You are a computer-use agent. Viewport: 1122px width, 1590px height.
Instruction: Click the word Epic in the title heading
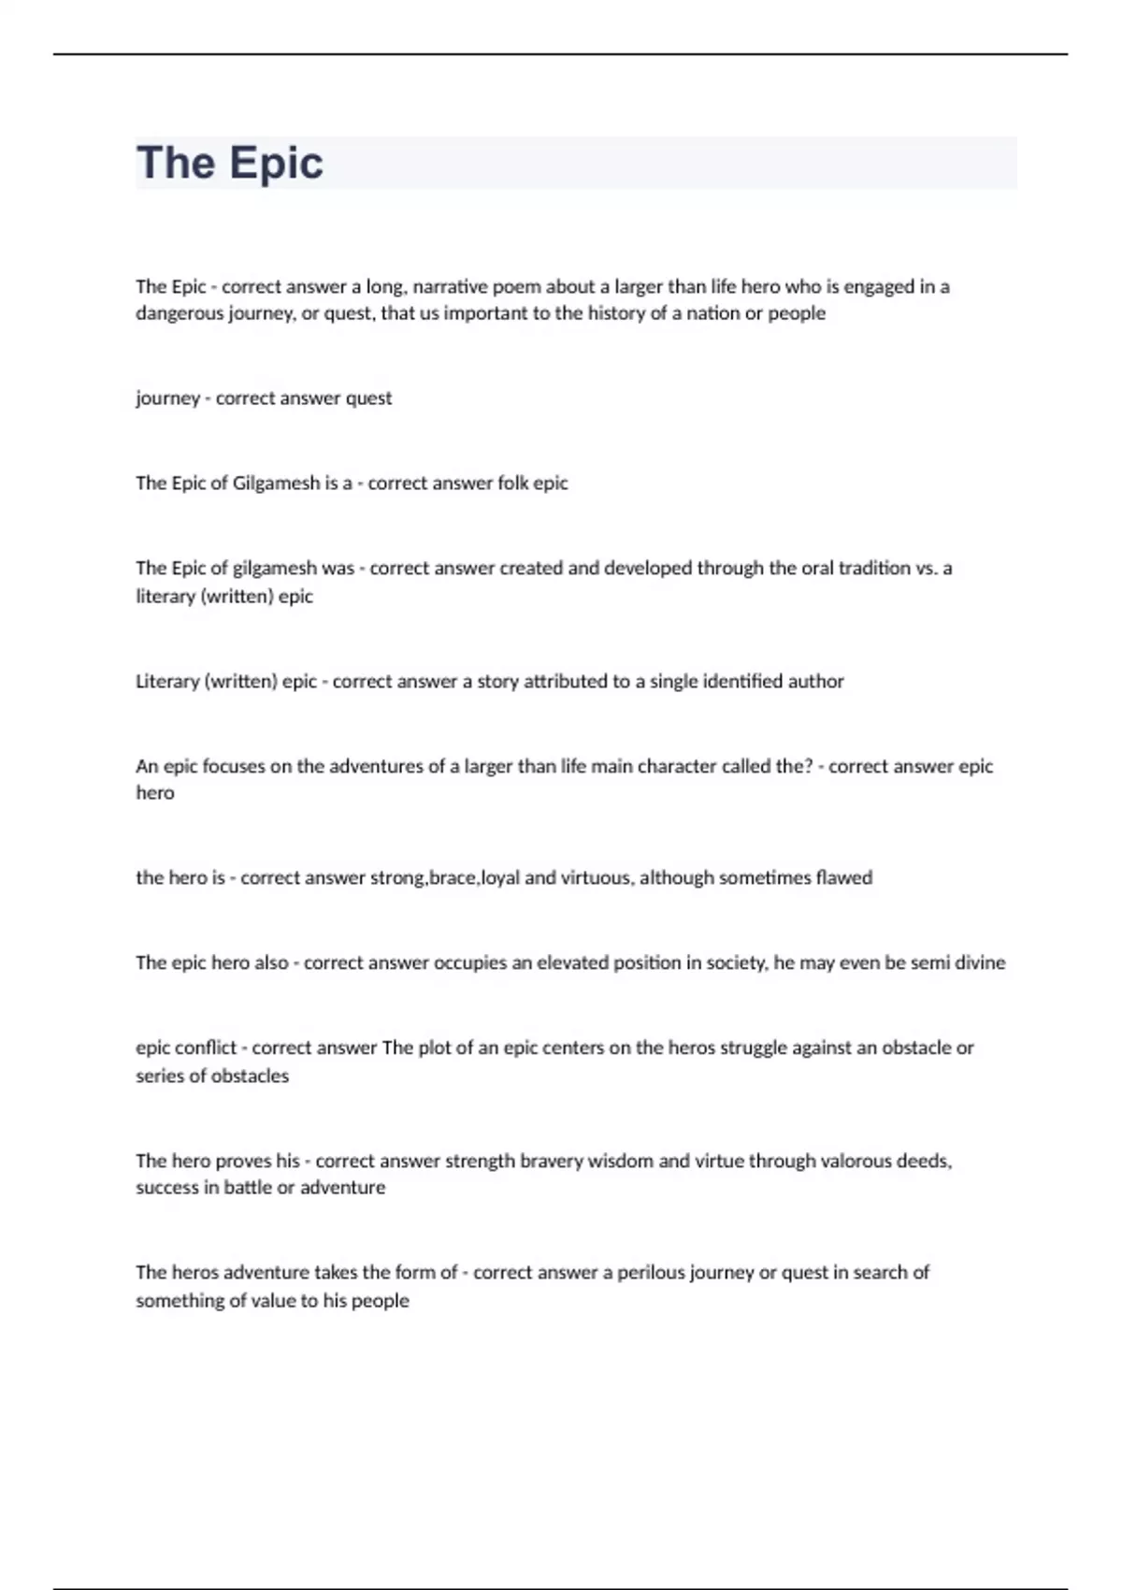[276, 164]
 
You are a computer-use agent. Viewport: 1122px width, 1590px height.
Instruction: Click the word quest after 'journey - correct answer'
[368, 398]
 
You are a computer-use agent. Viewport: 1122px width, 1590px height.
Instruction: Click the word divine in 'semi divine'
[980, 963]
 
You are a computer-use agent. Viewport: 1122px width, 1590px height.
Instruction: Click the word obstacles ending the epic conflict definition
[250, 1077]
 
